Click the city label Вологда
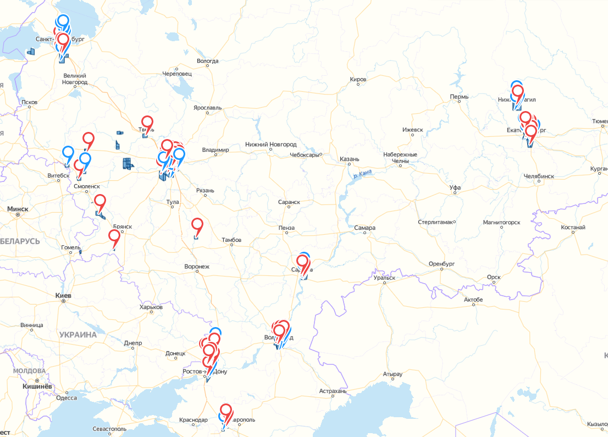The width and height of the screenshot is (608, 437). pos(207,61)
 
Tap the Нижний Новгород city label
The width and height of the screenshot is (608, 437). pos(270,145)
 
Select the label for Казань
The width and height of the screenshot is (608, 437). pos(349,159)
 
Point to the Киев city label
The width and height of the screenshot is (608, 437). pos(64,296)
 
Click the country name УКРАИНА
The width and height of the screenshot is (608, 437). pos(78,335)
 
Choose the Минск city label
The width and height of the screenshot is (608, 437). pos(18,209)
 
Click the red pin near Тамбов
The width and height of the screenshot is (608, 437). pos(197,225)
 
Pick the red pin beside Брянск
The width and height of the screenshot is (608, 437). pos(114,236)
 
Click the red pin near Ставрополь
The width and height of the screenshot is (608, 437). pos(226,411)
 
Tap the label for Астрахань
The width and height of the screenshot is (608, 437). pos(333,392)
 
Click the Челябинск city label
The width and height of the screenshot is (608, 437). pos(539,176)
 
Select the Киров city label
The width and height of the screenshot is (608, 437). pos(358,80)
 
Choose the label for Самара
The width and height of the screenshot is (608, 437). pos(364,228)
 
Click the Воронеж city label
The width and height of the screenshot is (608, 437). pos(197,267)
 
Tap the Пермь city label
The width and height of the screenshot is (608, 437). pos(459,97)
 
